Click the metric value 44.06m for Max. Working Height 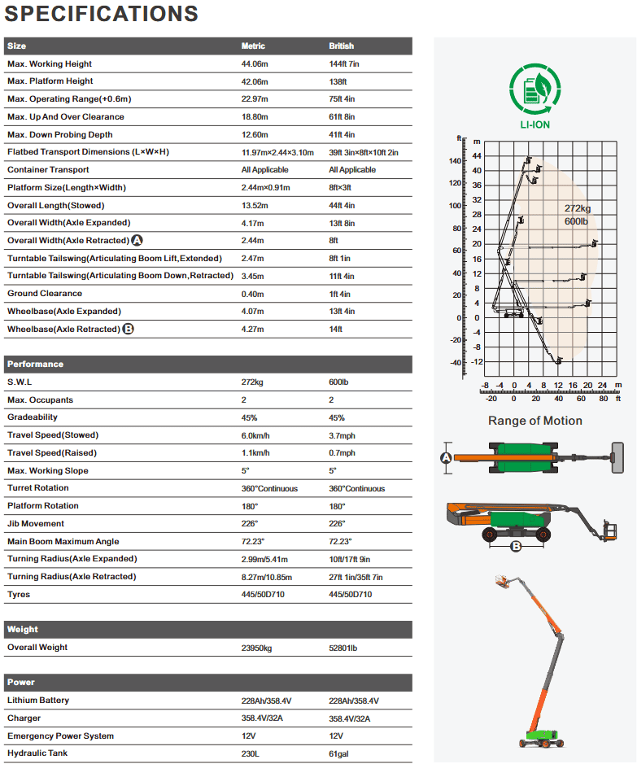pyautogui.click(x=257, y=63)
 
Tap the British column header pyautogui.click(x=341, y=46)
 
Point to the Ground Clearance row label pyautogui.click(x=45, y=294)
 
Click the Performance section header pyautogui.click(x=35, y=364)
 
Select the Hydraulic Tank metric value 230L pyautogui.click(x=251, y=753)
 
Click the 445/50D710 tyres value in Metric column pyautogui.click(x=264, y=595)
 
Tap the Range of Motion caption pyautogui.click(x=534, y=421)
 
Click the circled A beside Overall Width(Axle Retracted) pyautogui.click(x=137, y=241)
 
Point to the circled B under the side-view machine pyautogui.click(x=515, y=546)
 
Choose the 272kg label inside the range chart pyautogui.click(x=578, y=208)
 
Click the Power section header pyautogui.click(x=21, y=682)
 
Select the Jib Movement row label pyautogui.click(x=36, y=524)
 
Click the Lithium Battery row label pyautogui.click(x=38, y=701)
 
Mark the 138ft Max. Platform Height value pyautogui.click(x=338, y=81)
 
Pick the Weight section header pyautogui.click(x=23, y=629)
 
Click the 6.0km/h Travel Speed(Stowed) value pyautogui.click(x=256, y=436)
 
